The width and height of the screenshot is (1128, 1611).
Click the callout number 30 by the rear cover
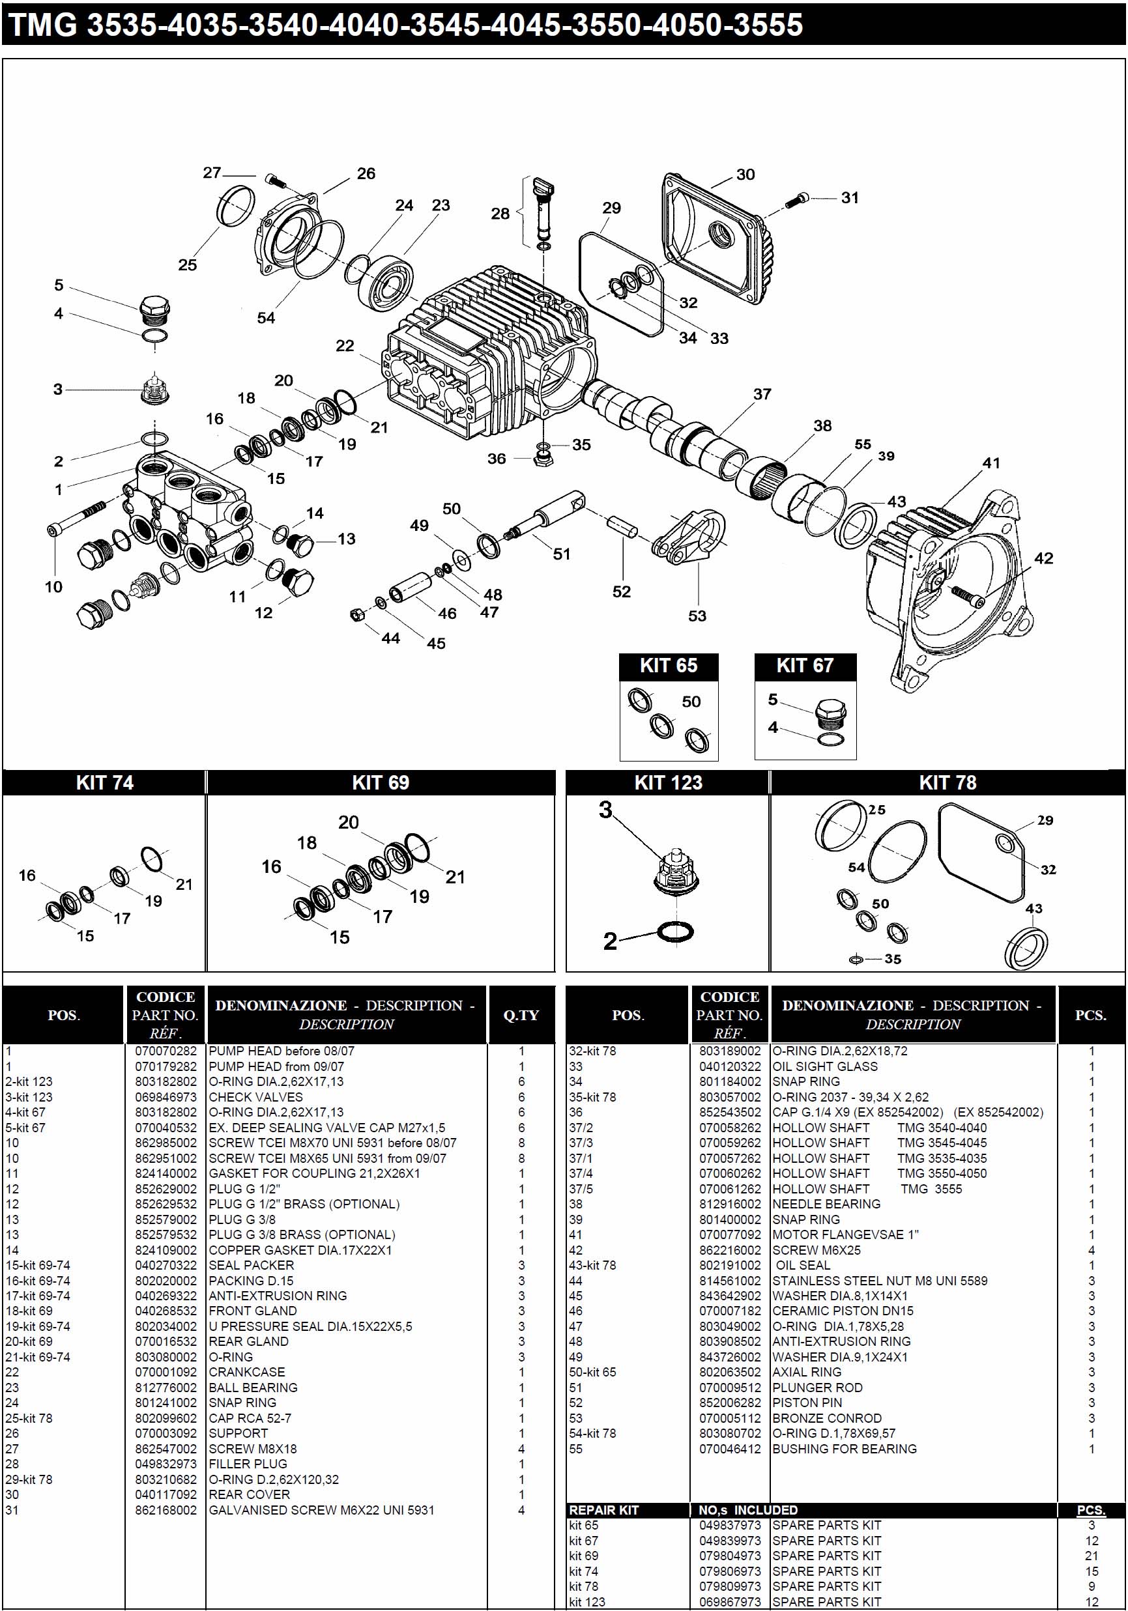point(745,174)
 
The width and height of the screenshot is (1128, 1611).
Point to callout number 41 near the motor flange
point(991,463)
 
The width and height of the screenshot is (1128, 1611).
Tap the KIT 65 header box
point(668,665)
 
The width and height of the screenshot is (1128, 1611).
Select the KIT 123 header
point(667,782)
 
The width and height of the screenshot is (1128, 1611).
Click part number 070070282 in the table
point(166,1050)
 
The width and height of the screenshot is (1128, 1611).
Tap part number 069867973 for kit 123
point(729,1602)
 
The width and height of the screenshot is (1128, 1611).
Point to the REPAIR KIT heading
point(603,1510)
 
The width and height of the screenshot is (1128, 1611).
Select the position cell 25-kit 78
point(29,1418)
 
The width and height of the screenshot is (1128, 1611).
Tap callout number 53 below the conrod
point(697,616)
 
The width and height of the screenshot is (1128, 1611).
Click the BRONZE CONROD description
point(827,1418)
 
